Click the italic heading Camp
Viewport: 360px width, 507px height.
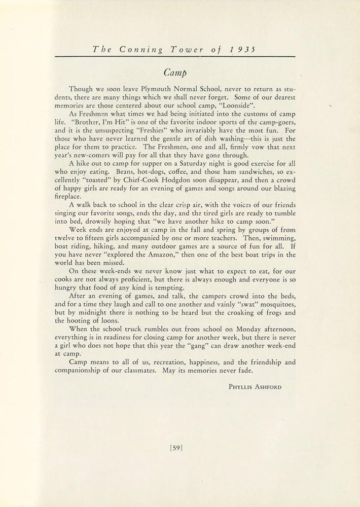coord(179,70)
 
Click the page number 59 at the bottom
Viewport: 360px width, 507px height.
coord(176,447)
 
